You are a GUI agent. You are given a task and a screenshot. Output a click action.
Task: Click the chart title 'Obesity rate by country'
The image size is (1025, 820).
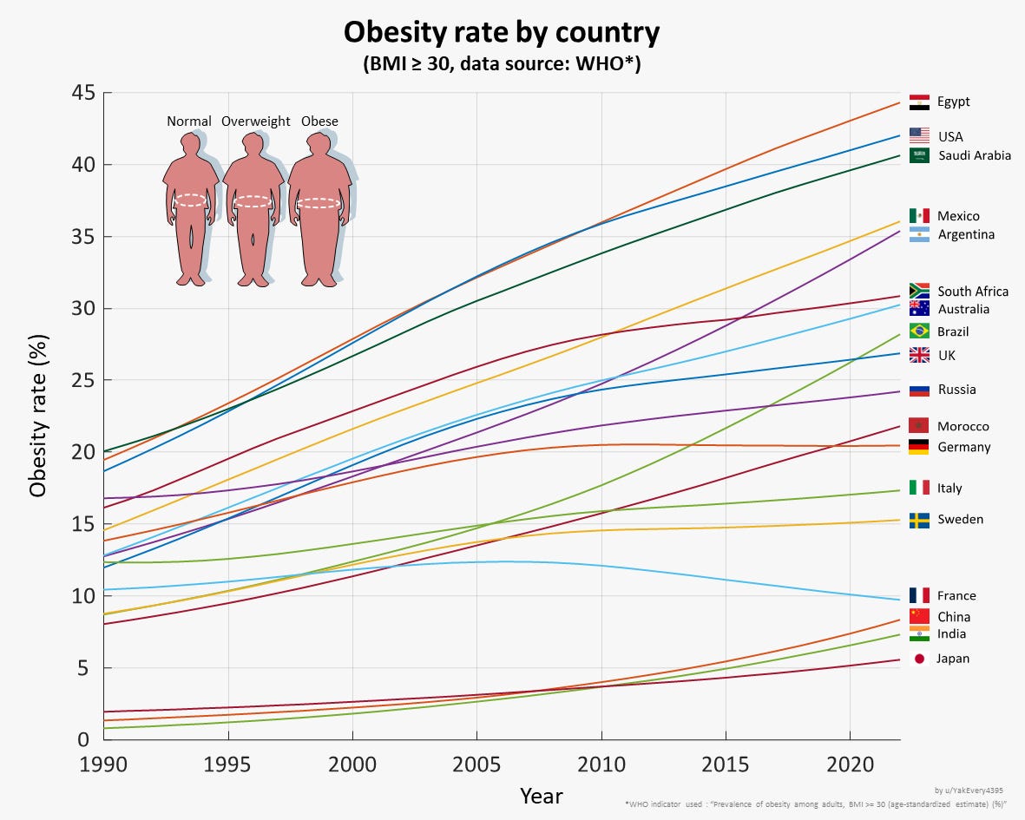pyautogui.click(x=502, y=32)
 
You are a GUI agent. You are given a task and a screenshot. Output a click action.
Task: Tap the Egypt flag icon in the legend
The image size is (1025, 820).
pyautogui.click(x=919, y=102)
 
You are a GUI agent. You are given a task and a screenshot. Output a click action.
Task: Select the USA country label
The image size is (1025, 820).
pyautogui.click(x=949, y=137)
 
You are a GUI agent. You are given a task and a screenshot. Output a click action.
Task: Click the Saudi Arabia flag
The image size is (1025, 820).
pyautogui.click(x=919, y=155)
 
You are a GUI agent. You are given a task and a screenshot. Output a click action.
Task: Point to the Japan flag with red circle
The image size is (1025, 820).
pyautogui.click(x=919, y=659)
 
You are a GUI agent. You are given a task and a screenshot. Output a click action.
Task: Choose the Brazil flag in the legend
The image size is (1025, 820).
pyautogui.click(x=919, y=331)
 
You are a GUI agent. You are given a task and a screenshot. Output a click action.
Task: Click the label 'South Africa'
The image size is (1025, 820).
pyautogui.click(x=973, y=292)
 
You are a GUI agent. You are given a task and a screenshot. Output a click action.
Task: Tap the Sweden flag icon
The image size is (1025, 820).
pyautogui.click(x=919, y=520)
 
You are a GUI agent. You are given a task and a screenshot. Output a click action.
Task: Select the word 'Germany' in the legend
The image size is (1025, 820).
pyautogui.click(x=963, y=448)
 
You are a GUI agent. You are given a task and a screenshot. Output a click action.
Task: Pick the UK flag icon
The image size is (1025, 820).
pyautogui.click(x=919, y=355)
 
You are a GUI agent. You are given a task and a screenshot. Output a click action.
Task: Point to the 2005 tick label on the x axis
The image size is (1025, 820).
pyautogui.click(x=476, y=764)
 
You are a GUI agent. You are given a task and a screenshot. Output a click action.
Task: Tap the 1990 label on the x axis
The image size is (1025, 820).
pyautogui.click(x=103, y=764)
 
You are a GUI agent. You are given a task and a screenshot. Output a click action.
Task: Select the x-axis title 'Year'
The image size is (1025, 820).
pyautogui.click(x=541, y=796)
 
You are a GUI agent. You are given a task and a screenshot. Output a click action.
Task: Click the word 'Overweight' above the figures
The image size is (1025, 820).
pyautogui.click(x=255, y=121)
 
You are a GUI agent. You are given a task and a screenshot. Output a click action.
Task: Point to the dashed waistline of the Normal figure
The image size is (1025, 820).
pyautogui.click(x=190, y=200)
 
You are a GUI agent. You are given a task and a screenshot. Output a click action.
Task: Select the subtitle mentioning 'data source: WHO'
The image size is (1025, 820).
pyautogui.click(x=502, y=64)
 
